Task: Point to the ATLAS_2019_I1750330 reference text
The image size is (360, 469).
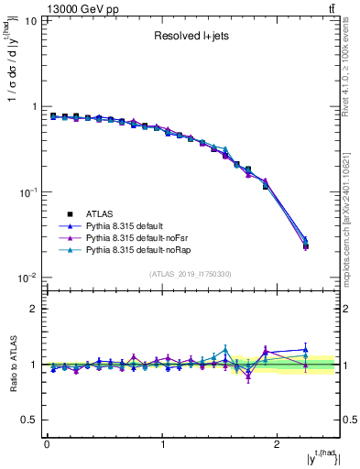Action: (191, 274)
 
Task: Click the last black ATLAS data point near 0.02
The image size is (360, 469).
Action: (305, 246)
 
